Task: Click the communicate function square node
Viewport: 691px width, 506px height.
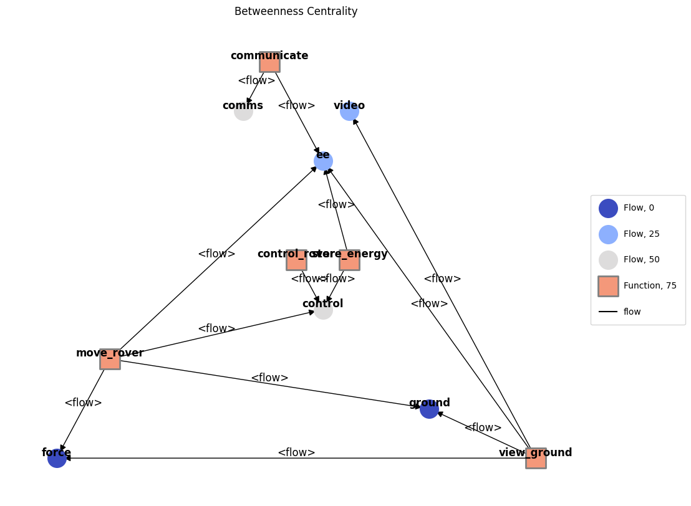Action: [x=269, y=62]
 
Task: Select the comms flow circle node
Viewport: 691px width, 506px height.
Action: [x=243, y=112]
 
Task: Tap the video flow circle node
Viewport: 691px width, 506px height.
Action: [x=349, y=112]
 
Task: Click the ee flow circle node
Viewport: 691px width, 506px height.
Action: [x=323, y=161]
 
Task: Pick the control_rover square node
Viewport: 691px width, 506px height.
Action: [x=296, y=260]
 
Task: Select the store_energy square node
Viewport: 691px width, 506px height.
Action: [x=349, y=260]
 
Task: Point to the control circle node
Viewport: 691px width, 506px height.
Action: [x=323, y=310]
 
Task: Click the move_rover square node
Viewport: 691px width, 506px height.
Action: [x=110, y=359]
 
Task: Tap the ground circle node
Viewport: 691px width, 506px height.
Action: [x=429, y=409]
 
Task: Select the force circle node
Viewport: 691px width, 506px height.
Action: [x=57, y=458]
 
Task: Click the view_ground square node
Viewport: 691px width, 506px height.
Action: [x=536, y=458]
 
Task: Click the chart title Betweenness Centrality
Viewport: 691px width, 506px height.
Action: [x=296, y=12]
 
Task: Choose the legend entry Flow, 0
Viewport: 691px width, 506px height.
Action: [x=638, y=208]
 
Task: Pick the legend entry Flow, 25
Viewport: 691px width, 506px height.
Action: [x=640, y=234]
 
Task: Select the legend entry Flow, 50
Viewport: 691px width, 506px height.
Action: [x=640, y=260]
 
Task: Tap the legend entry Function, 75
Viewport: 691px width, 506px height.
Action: [x=649, y=286]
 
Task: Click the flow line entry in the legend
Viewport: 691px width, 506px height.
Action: [x=632, y=312]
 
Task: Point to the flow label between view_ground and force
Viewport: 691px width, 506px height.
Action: [x=296, y=452]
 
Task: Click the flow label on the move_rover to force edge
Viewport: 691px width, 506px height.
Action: [x=83, y=403]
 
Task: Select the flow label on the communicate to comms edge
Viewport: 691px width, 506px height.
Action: [x=256, y=80]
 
